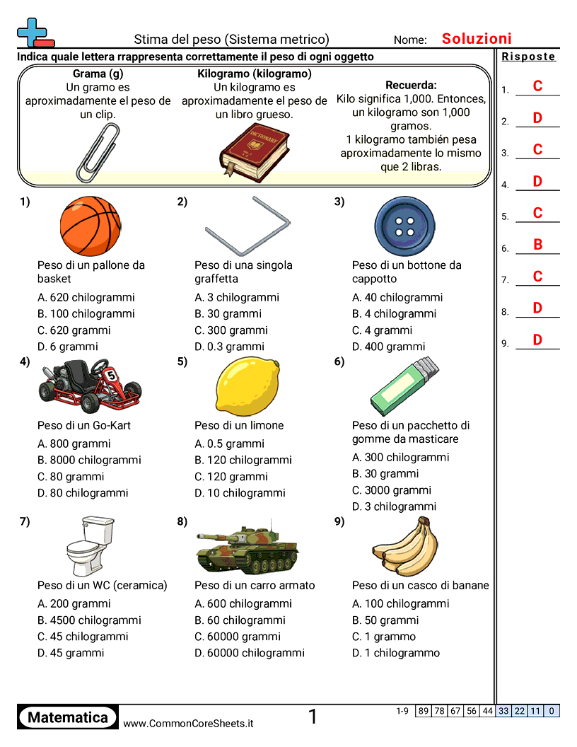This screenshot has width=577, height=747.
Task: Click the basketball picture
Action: click(91, 226)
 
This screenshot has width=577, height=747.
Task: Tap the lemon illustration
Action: click(247, 387)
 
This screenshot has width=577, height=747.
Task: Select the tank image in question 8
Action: click(247, 549)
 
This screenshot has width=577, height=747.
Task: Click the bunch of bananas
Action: click(403, 548)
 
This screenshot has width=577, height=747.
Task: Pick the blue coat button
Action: click(404, 226)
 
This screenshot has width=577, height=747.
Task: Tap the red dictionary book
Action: click(255, 149)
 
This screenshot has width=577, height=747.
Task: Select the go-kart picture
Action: click(91, 386)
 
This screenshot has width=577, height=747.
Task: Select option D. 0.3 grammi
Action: click(230, 347)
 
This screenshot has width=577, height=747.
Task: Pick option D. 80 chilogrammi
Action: click(83, 493)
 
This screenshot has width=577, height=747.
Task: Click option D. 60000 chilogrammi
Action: click(250, 653)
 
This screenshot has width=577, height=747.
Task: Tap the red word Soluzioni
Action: click(477, 39)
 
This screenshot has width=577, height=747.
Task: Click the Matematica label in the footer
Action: click(68, 717)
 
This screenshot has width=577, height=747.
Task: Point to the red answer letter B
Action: click(537, 245)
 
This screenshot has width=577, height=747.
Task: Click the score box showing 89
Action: click(423, 711)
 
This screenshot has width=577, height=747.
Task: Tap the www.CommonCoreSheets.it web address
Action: click(188, 724)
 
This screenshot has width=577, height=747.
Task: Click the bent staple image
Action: click(247, 226)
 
